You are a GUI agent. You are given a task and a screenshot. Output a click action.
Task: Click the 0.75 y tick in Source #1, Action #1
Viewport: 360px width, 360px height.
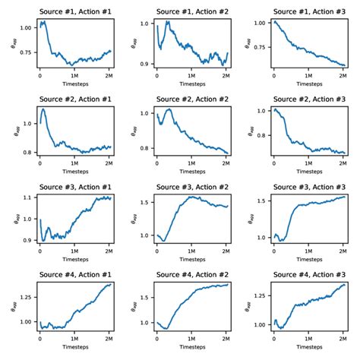27,52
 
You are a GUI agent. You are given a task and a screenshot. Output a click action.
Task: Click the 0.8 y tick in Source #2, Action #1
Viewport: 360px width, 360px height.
28,153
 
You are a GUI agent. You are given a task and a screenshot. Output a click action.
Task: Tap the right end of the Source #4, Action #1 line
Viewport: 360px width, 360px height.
111,284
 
